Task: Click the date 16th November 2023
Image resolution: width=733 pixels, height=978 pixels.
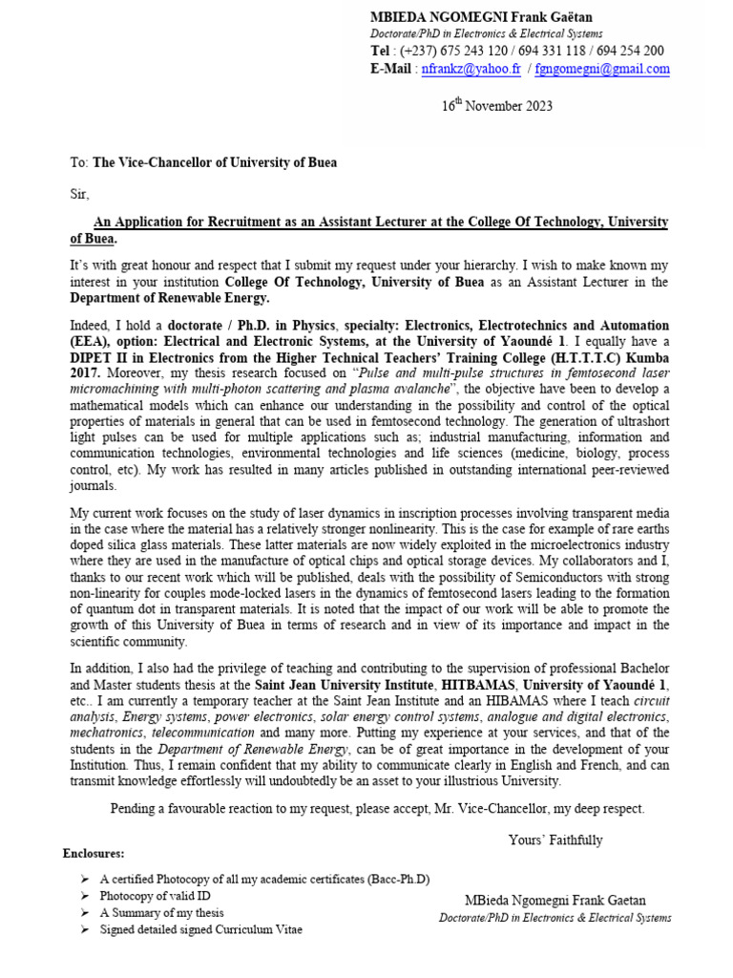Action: click(x=496, y=106)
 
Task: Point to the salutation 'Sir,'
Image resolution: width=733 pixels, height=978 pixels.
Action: click(x=79, y=194)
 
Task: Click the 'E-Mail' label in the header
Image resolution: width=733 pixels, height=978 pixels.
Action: click(x=391, y=69)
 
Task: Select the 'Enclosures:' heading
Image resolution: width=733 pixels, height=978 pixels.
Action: click(x=94, y=853)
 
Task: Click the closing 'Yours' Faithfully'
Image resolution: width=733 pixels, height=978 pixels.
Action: click(x=555, y=840)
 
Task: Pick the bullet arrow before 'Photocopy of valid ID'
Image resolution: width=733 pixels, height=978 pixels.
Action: click(x=85, y=896)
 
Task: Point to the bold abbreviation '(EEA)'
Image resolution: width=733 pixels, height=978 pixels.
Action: click(x=90, y=341)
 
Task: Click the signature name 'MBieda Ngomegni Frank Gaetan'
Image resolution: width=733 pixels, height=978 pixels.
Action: click(x=555, y=900)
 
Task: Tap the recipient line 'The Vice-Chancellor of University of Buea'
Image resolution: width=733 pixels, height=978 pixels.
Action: click(x=214, y=162)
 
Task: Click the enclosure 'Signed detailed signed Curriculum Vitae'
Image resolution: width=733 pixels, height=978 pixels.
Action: click(x=201, y=929)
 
